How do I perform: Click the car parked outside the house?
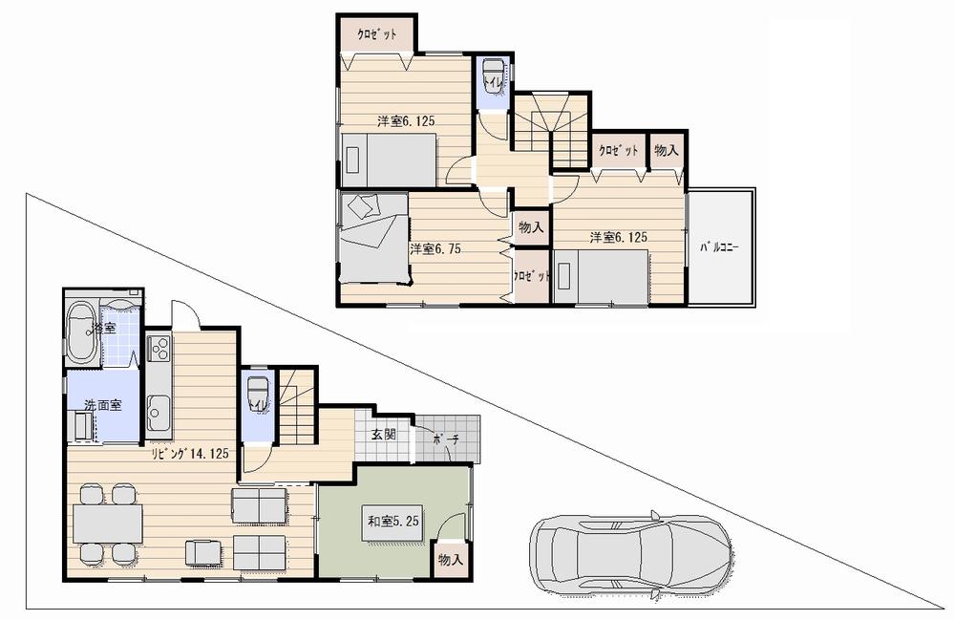click(x=631, y=557)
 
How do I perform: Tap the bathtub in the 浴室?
click(x=81, y=331)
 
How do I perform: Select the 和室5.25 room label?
click(x=395, y=521)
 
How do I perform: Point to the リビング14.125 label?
click(x=188, y=454)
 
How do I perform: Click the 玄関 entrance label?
click(x=384, y=435)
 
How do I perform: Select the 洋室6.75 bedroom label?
click(x=436, y=248)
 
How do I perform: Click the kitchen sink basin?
click(x=159, y=412)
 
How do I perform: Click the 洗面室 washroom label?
click(x=102, y=405)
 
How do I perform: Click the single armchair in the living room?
click(x=203, y=551)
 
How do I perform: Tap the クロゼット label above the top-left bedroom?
click(x=377, y=33)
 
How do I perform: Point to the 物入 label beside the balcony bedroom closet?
click(x=667, y=150)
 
